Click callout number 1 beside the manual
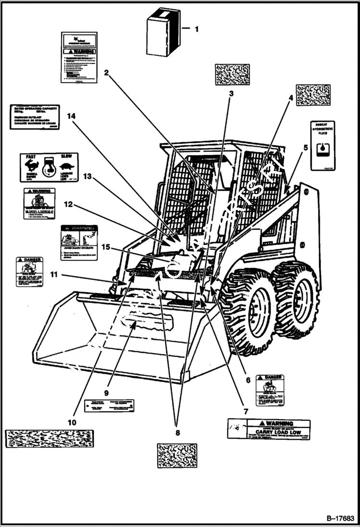(x=196, y=29)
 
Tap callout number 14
(x=72, y=116)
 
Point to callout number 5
(x=305, y=148)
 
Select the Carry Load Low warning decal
(x=269, y=429)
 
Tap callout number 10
(x=72, y=423)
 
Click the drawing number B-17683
(x=340, y=518)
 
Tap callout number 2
(x=106, y=73)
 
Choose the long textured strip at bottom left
(x=49, y=439)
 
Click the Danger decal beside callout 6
(x=270, y=390)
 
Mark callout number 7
(x=246, y=412)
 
